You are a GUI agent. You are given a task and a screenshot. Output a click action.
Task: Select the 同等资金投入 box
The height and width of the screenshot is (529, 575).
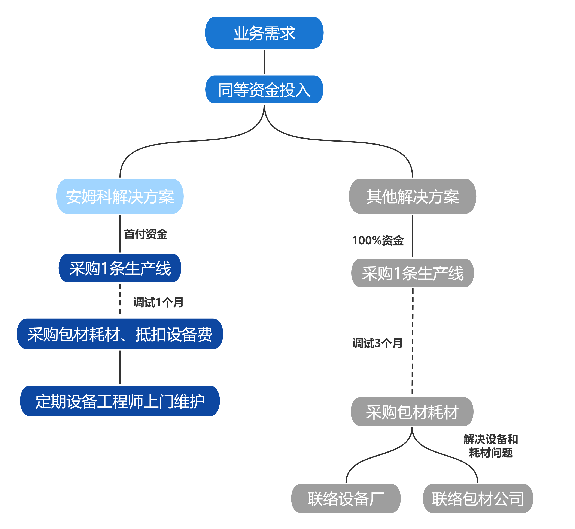[264, 90]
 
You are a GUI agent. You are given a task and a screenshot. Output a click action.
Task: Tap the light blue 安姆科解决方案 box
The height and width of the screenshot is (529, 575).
[120, 196]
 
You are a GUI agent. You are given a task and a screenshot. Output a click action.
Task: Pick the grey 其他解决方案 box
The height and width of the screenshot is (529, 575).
[413, 196]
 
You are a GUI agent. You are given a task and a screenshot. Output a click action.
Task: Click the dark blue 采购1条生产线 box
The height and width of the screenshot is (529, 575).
[120, 268]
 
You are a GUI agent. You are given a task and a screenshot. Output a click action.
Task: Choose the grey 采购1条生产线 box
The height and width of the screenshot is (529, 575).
[413, 273]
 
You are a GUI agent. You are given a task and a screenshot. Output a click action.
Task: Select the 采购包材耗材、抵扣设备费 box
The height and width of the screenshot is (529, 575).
[120, 334]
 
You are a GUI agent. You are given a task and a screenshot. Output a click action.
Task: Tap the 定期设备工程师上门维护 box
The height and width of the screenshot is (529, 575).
[120, 401]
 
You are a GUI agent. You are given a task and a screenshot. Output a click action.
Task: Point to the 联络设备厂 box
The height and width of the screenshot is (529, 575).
[346, 498]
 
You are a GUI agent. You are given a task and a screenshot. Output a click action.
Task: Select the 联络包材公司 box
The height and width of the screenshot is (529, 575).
[478, 498]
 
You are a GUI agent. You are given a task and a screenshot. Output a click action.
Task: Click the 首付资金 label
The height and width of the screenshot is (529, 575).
[146, 234]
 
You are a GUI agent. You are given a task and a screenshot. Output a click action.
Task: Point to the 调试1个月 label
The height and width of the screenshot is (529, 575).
[158, 302]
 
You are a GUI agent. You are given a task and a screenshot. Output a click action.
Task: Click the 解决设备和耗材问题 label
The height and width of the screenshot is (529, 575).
[491, 446]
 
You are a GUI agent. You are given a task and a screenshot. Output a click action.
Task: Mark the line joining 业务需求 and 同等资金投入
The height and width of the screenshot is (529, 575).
[264, 62]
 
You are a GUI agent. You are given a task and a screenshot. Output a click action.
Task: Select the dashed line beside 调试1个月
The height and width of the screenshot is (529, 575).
[120, 300]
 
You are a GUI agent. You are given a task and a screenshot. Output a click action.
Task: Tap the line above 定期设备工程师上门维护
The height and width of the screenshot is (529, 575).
[120, 368]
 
